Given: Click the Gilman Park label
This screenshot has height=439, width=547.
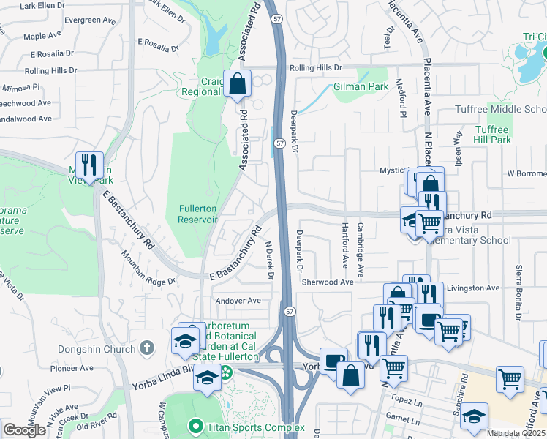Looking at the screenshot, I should (x=361, y=86).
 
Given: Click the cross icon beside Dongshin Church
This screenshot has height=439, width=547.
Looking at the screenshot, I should (x=146, y=348).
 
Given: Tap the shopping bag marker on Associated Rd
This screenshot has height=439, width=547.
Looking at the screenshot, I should (x=238, y=85).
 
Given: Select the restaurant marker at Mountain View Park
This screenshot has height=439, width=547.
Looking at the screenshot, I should (x=88, y=165).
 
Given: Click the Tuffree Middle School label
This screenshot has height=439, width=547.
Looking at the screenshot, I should (x=501, y=110).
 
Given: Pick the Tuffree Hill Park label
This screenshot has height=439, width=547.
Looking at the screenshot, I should (x=491, y=134).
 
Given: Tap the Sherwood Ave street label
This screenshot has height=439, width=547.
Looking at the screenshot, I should (x=328, y=282).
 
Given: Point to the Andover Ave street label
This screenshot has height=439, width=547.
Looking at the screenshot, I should (x=238, y=301).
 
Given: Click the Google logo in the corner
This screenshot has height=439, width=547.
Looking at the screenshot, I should (x=24, y=430).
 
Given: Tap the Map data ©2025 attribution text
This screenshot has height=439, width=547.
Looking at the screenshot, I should (x=516, y=433).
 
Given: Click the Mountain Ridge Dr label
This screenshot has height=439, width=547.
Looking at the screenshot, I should (x=150, y=268).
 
